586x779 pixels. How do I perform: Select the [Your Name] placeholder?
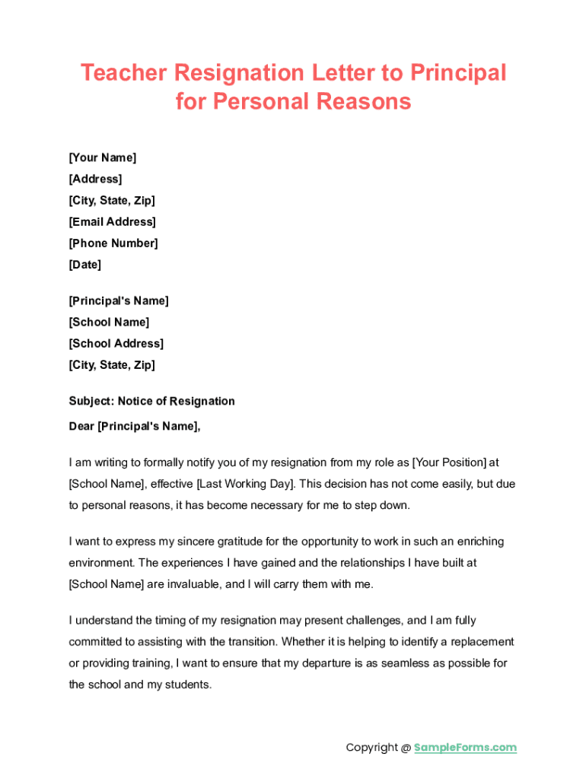[103, 157]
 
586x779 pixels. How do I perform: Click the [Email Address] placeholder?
[112, 221]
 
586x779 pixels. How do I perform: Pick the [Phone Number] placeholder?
[113, 243]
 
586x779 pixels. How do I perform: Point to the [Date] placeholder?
[84, 265]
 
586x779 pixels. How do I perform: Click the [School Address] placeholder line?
[116, 343]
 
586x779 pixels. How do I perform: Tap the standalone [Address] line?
[95, 179]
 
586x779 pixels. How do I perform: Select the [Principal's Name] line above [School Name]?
[119, 300]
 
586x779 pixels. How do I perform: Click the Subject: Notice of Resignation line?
[151, 401]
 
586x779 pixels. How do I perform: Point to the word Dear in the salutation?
[81, 426]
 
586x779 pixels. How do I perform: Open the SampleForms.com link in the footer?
[465, 747]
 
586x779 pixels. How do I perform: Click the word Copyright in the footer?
[372, 747]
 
